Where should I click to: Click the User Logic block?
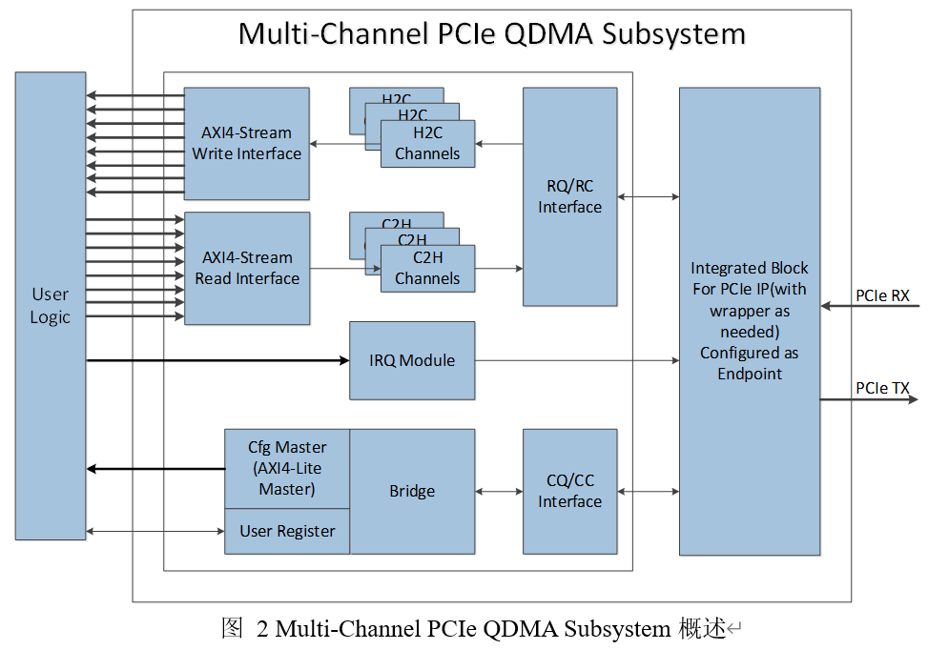(x=50, y=305)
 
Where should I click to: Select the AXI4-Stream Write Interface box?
(x=246, y=143)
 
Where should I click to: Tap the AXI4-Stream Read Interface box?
(x=246, y=268)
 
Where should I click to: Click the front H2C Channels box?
(x=427, y=145)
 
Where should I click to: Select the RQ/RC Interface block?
(x=569, y=196)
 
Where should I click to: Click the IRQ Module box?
(x=412, y=360)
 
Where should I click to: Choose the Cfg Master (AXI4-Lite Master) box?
(x=286, y=468)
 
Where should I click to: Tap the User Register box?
(x=286, y=531)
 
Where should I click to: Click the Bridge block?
(x=412, y=491)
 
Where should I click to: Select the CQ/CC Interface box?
(x=569, y=491)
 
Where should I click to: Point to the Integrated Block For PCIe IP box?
(x=749, y=320)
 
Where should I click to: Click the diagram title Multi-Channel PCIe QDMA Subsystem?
(x=491, y=34)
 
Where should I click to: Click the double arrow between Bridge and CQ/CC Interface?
(x=499, y=492)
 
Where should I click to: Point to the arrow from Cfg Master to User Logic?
(x=155, y=468)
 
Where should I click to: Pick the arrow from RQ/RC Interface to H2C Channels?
(x=499, y=144)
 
